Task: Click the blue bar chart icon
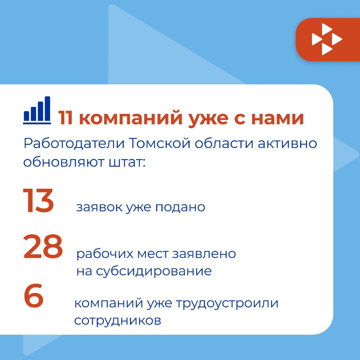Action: pos(37,110)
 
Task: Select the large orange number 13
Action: pos(38,201)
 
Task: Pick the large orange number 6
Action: pos(34,295)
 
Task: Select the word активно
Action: pos(287,144)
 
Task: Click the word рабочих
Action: pos(105,254)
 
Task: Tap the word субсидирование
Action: pos(154,271)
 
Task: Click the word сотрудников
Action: pos(118,321)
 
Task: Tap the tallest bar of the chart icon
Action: pos(48,109)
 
